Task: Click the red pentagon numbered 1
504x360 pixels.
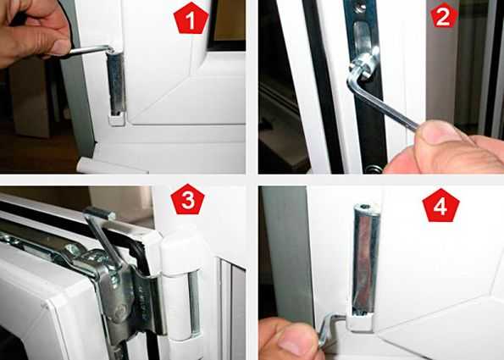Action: pyautogui.click(x=191, y=19)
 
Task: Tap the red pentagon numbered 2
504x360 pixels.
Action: pyautogui.click(x=444, y=16)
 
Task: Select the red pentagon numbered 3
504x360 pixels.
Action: pyautogui.click(x=187, y=199)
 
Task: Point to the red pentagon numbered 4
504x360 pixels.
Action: pyautogui.click(x=440, y=206)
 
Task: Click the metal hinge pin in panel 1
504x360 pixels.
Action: pyautogui.click(x=116, y=82)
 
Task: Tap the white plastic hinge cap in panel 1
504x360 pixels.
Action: pyautogui.click(x=116, y=119)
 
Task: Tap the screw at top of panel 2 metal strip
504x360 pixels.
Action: pyautogui.click(x=359, y=7)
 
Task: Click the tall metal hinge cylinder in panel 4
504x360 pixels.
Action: pyautogui.click(x=366, y=258)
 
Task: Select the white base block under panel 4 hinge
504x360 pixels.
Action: pyautogui.click(x=361, y=321)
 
